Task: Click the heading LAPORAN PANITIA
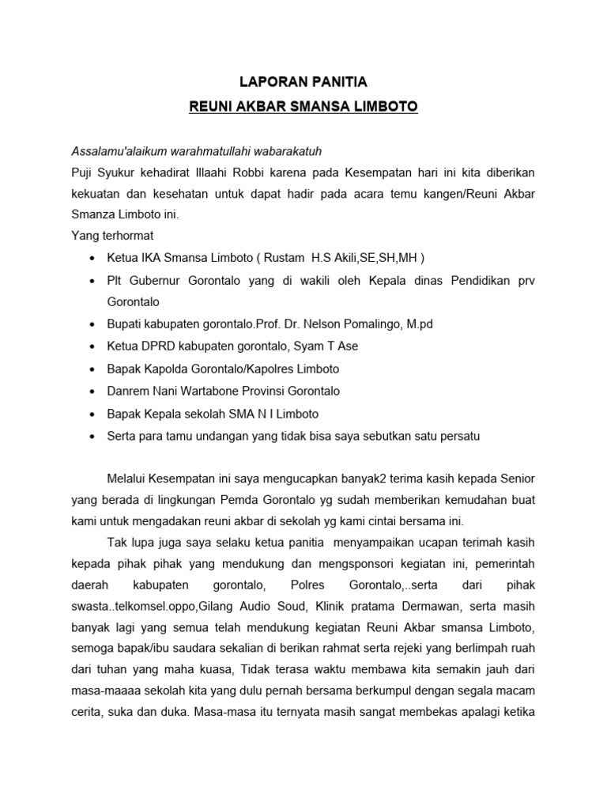point(304,81)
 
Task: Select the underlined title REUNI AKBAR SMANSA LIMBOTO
point(303,106)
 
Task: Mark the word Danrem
point(127,391)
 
